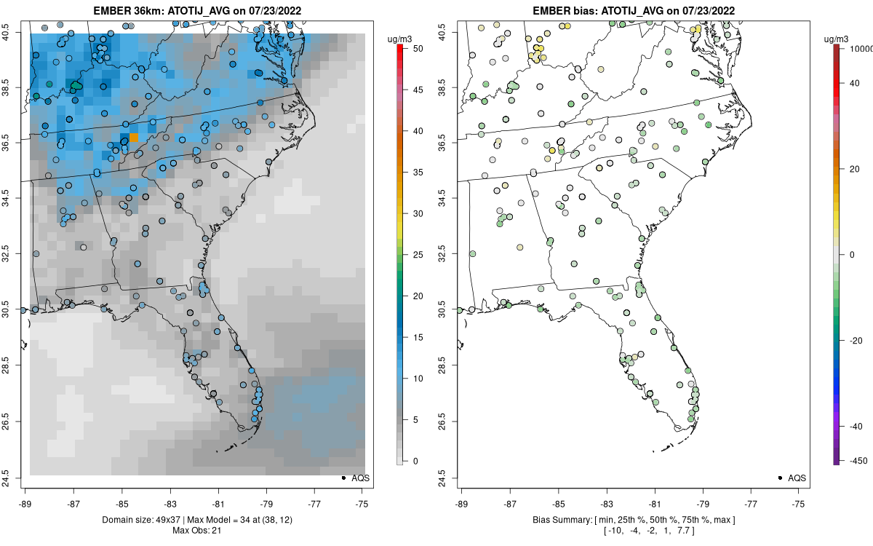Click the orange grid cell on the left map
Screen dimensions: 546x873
tap(133, 138)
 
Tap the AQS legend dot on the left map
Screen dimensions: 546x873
tap(343, 478)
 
